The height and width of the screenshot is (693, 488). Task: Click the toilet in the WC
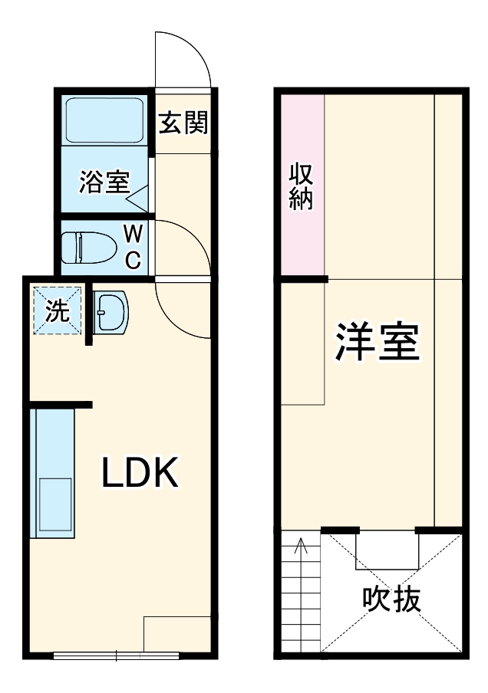pyautogui.click(x=87, y=246)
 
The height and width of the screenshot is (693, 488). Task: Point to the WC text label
pyautogui.click(x=133, y=246)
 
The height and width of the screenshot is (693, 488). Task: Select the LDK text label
pyautogui.click(x=140, y=473)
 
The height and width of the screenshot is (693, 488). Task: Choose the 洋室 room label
pyautogui.click(x=376, y=343)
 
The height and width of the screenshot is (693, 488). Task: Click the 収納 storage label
pyautogui.click(x=299, y=186)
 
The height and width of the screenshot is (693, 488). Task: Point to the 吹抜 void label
pyautogui.click(x=392, y=599)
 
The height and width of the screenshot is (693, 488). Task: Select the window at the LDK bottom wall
pyautogui.click(x=117, y=655)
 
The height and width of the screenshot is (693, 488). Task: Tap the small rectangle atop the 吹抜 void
pyautogui.click(x=387, y=550)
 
